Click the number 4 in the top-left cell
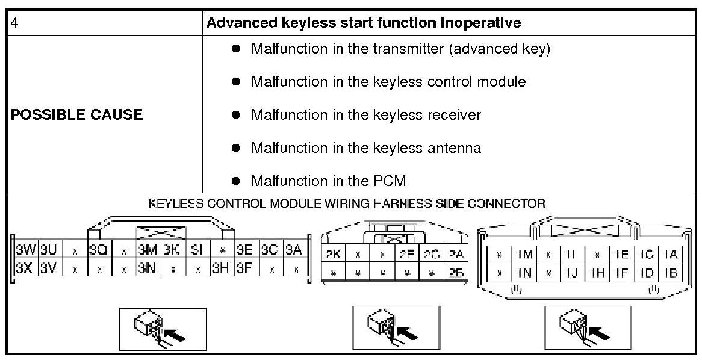point(15,23)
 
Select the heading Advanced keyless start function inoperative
point(363,23)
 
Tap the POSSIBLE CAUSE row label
point(76,114)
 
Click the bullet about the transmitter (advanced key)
point(400,49)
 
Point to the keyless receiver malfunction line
point(365,114)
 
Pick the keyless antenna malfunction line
point(365,147)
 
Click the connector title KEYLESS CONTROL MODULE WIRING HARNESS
point(346,204)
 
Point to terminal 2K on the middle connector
point(333,255)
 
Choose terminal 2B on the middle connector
point(456,273)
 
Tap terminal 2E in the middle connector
point(406,255)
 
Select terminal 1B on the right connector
point(669,273)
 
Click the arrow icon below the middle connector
point(396,327)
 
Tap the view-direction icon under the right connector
point(588,327)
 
